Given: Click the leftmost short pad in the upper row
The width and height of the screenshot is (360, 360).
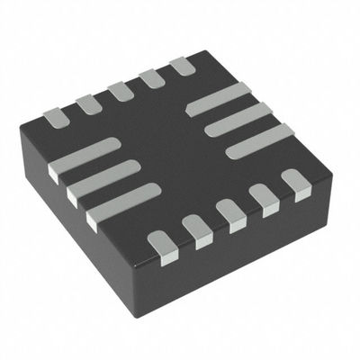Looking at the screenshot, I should (x=56, y=115).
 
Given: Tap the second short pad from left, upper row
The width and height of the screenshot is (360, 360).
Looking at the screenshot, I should (x=88, y=103).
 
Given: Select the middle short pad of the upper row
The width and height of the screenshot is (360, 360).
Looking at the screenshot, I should (x=120, y=91).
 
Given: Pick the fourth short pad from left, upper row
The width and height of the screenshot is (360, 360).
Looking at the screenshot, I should (x=150, y=78).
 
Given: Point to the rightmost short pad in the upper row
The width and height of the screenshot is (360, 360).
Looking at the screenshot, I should (x=182, y=66).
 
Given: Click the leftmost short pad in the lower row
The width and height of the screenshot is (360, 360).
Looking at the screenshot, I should (x=161, y=244).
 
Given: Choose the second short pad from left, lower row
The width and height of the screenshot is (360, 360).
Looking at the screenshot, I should (x=195, y=230).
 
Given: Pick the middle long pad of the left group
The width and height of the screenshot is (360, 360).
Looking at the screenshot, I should (x=103, y=178).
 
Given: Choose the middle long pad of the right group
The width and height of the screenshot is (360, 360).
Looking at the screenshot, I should (x=238, y=118).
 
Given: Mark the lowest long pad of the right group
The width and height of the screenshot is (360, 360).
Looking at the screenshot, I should (x=259, y=140).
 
